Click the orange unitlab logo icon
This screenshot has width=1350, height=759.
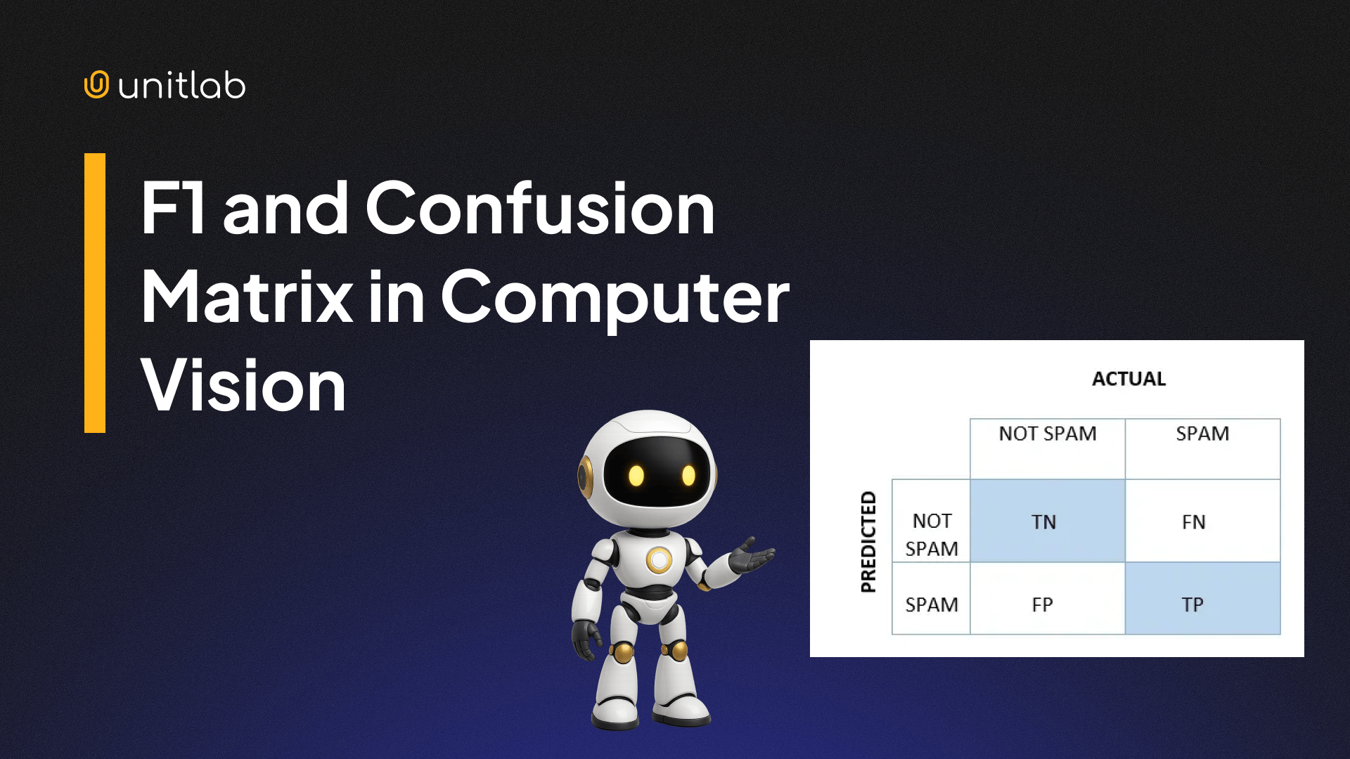point(96,84)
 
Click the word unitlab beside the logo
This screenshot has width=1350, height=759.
point(181,86)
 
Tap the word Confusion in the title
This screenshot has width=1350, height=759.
point(539,208)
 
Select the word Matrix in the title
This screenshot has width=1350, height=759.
point(247,297)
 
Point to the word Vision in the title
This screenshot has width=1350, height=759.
point(243,385)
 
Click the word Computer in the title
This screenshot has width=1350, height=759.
point(615,298)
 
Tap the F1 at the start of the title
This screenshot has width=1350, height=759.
point(173,208)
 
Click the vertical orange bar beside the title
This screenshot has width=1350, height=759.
point(95,292)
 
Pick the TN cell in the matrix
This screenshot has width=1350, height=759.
point(1047,521)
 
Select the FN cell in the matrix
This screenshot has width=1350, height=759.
point(1202,521)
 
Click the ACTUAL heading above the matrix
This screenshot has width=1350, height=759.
point(1129,379)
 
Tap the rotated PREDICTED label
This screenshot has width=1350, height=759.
point(869,542)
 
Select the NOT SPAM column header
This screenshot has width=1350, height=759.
point(1047,434)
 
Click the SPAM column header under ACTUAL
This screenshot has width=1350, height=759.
point(1202,434)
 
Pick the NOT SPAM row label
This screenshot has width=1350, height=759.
point(932,534)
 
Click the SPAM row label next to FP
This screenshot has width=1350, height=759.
point(932,604)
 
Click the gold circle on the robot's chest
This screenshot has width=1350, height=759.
point(659,560)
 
